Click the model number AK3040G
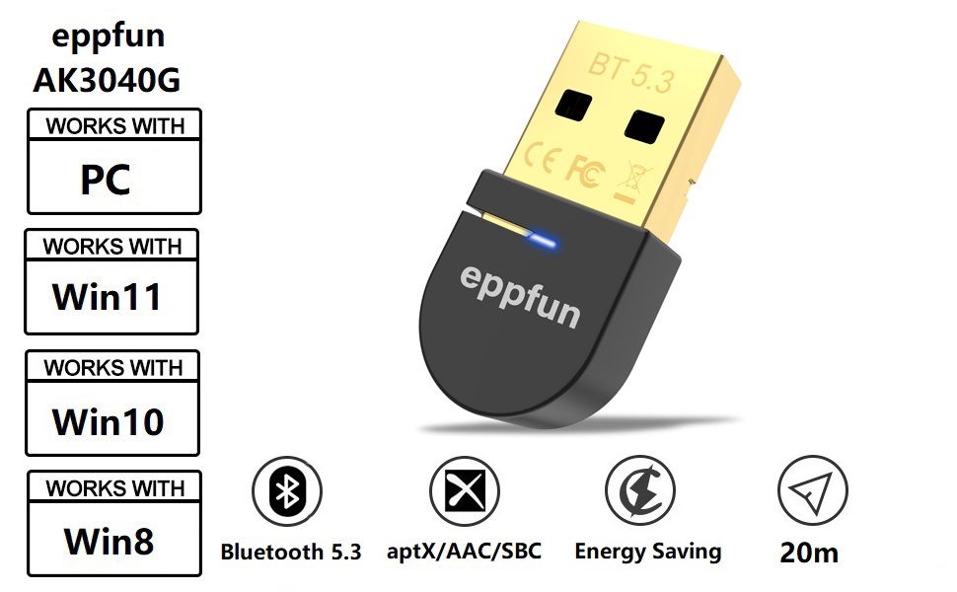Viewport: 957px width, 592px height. point(107,80)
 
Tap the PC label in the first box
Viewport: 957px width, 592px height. point(106,181)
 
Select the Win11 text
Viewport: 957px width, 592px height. point(108,296)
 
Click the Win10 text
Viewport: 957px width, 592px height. point(108,421)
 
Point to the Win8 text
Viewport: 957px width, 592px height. point(109,540)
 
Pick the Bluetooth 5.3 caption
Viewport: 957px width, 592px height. point(291,552)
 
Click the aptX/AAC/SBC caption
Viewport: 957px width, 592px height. point(478,551)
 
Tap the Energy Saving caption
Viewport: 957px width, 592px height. point(648,552)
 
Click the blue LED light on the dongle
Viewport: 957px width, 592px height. point(544,240)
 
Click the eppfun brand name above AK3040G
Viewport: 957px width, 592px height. point(108,37)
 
